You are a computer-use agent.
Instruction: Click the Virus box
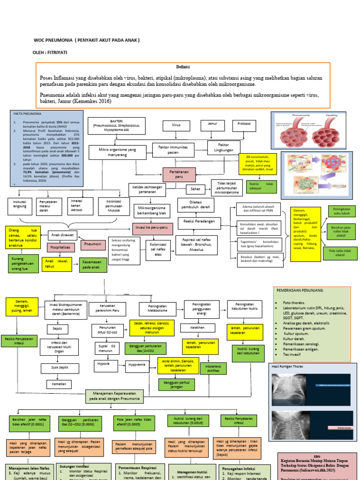(176, 126)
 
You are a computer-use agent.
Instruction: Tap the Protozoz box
(244, 125)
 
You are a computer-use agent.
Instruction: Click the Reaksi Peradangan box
(200, 221)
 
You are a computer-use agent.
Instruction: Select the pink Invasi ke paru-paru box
(153, 228)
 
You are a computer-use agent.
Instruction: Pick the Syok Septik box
(60, 367)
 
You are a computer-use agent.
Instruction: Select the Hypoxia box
(104, 363)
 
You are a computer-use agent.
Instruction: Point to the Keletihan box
(198, 328)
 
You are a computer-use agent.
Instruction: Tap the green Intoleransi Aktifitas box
(213, 368)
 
